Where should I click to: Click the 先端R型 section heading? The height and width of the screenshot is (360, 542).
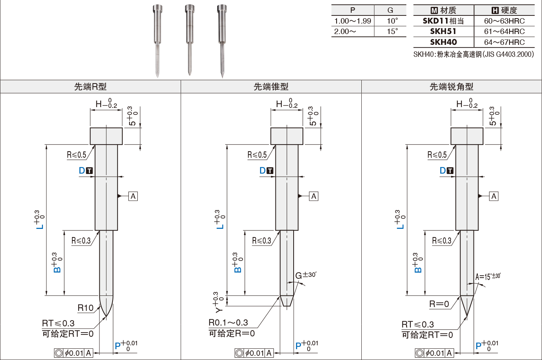tap(90, 87)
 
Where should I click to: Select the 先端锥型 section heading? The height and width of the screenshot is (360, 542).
tap(271, 87)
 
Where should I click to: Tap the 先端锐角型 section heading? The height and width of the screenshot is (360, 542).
tap(451, 87)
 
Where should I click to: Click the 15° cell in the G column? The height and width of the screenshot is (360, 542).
tap(392, 31)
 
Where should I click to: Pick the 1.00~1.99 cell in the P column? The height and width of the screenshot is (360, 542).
tap(352, 21)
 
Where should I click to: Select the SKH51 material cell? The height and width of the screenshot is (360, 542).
tap(443, 31)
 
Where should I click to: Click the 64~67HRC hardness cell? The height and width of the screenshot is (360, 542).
tap(504, 42)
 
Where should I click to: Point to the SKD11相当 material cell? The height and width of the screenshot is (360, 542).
tap(443, 21)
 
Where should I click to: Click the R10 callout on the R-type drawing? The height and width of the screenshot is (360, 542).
tap(85, 308)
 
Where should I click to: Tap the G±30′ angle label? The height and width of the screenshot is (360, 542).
tap(305, 275)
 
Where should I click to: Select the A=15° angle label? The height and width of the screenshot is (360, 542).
tap(487, 276)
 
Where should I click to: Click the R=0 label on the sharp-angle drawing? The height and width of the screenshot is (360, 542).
tap(439, 304)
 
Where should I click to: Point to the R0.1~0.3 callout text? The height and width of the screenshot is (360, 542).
tap(228, 322)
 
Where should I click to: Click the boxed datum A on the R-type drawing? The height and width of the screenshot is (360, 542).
tap(133, 196)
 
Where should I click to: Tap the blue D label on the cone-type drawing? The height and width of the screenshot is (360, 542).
tap(263, 171)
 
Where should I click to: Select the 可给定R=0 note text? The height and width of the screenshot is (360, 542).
tap(232, 333)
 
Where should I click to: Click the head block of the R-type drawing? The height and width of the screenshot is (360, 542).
tap(106, 136)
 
